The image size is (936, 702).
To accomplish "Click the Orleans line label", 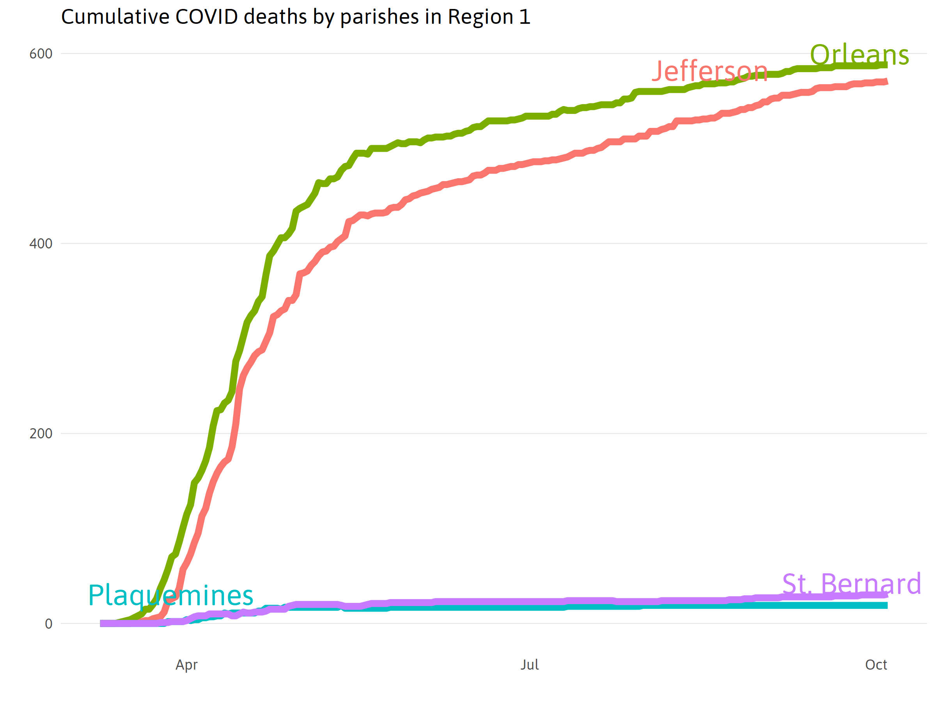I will coord(859,55).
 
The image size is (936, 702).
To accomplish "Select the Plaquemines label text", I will coord(170,596).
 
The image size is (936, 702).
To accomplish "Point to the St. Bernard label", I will coord(851,584).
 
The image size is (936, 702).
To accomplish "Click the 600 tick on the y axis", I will coord(41,54).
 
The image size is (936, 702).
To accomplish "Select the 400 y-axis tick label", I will coord(41,244).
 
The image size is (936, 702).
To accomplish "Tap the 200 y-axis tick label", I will coord(41,434).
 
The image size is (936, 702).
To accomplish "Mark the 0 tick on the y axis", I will coord(49,624).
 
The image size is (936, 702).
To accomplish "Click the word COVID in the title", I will coord(206,17).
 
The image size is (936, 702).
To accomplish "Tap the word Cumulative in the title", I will coord(115,17).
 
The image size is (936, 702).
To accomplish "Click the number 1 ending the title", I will coord(525,17).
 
